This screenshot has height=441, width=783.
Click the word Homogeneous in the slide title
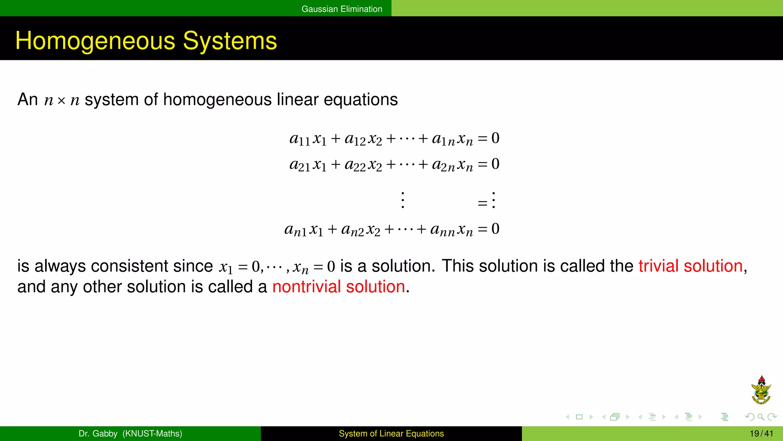[95, 41]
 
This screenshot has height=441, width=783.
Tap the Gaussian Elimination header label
[342, 9]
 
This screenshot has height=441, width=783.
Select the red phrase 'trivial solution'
[690, 266]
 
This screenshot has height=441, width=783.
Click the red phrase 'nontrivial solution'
[338, 287]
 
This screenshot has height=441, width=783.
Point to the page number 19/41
[761, 434]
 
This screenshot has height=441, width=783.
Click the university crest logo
[761, 390]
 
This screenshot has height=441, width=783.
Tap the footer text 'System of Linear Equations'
[391, 434]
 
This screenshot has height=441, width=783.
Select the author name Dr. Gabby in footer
[98, 434]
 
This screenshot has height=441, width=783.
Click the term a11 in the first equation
[299, 139]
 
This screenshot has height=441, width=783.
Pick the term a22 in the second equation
[355, 165]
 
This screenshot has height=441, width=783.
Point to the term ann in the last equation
[442, 230]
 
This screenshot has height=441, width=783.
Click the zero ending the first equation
[495, 138]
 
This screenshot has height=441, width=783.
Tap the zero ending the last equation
[495, 229]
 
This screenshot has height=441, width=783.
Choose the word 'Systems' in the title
[230, 41]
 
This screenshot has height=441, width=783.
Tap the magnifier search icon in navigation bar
[761, 417]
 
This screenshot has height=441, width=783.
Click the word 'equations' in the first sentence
[361, 100]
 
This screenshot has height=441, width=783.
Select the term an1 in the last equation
[295, 230]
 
